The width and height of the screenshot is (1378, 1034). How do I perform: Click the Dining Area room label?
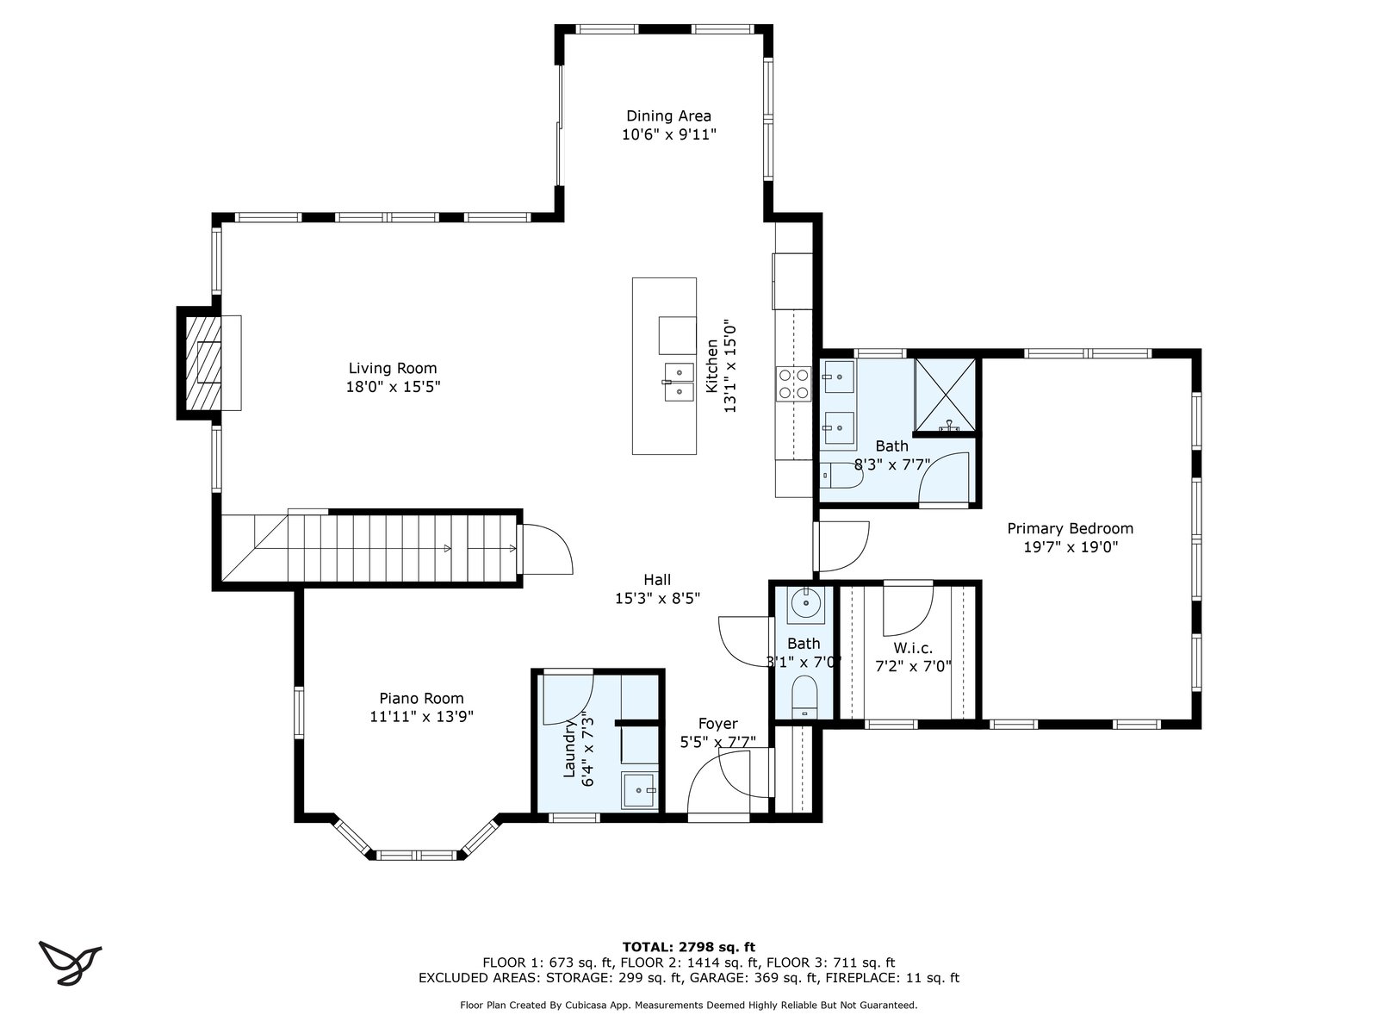(668, 116)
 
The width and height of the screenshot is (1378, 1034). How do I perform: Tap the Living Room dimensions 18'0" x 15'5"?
(393, 387)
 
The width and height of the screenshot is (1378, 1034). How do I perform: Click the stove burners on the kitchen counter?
(793, 383)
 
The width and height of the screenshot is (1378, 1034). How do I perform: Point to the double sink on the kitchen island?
(680, 382)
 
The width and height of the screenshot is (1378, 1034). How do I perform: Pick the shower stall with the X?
(945, 395)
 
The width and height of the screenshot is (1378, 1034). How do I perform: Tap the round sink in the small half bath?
(805, 605)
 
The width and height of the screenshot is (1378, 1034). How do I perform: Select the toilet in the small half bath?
(804, 696)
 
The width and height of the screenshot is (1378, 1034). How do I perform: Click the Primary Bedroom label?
(1071, 528)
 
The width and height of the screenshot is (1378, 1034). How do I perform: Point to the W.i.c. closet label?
(913, 648)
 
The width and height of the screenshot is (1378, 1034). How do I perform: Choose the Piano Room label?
(421, 698)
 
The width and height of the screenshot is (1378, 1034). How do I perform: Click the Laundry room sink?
(640, 790)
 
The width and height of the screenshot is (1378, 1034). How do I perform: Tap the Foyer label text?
(718, 724)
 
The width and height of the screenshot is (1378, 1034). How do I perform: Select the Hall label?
(657, 580)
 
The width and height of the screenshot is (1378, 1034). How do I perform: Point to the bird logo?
(70, 962)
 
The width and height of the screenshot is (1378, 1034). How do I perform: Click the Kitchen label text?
(712, 366)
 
